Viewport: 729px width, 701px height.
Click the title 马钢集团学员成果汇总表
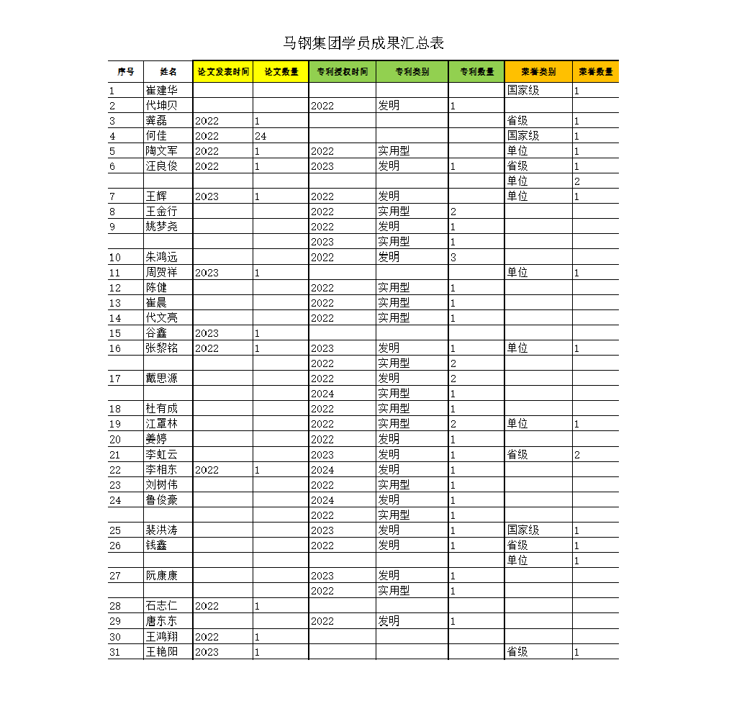(363, 43)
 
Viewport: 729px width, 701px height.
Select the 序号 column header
(126, 72)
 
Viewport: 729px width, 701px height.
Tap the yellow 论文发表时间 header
(223, 72)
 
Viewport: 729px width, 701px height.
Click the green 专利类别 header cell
(412, 72)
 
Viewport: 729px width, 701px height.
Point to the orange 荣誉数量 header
(596, 72)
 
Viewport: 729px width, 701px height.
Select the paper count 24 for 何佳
(261, 136)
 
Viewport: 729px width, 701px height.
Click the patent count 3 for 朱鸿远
(453, 257)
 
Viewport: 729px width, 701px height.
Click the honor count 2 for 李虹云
(577, 455)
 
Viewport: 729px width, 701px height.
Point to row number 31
(115, 652)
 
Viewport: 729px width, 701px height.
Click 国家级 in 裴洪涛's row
(523, 530)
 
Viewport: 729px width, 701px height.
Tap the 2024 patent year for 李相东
(322, 470)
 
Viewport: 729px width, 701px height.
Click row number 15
(115, 333)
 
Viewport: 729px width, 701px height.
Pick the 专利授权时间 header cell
(343, 72)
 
